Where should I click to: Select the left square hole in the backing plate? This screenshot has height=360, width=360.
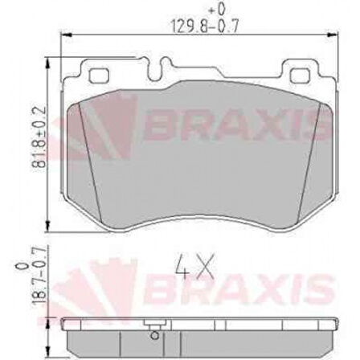100,77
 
